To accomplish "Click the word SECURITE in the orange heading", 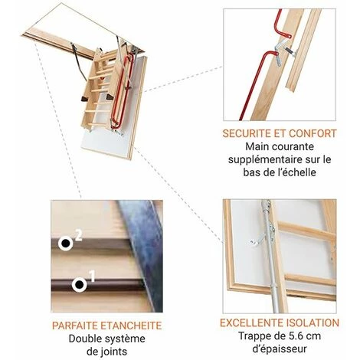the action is (247, 133).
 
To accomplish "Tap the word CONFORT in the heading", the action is (313, 133).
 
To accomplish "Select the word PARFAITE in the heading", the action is (74, 326).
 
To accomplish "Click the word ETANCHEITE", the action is (131, 326).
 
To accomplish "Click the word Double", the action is (83, 339).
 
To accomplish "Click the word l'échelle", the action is (296, 172).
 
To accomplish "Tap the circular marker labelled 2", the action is (66, 243).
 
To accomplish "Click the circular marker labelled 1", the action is (80, 284).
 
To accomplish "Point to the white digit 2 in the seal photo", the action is (78, 236).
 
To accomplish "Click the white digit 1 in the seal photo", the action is (92, 277).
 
